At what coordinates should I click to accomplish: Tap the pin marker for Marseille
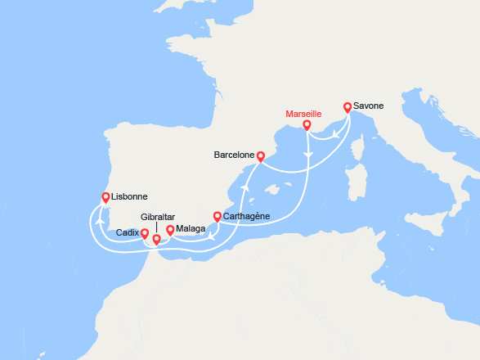[307, 125]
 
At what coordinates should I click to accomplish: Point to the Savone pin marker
[348, 106]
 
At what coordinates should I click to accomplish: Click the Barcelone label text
[234, 155]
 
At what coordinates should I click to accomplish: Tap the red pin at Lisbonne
[105, 196]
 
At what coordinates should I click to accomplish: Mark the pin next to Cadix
[145, 234]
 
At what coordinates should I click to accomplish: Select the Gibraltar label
[158, 217]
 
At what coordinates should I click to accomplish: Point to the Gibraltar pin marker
[156, 240]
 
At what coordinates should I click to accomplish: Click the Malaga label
[189, 230]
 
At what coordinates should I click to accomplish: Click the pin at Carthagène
[217, 217]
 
